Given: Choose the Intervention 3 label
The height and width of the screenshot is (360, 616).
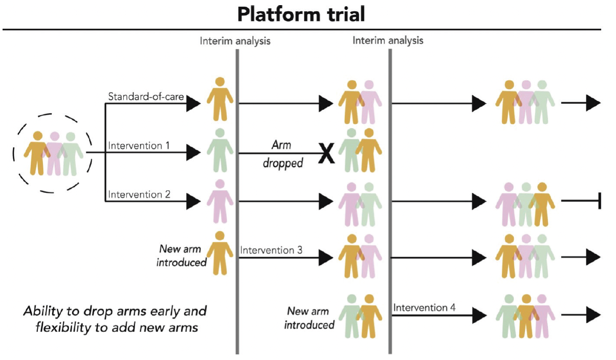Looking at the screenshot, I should tap(271, 251).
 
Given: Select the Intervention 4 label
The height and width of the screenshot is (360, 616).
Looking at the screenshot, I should tap(425, 308).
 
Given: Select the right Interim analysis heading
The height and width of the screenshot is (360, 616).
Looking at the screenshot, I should tap(388, 40).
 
